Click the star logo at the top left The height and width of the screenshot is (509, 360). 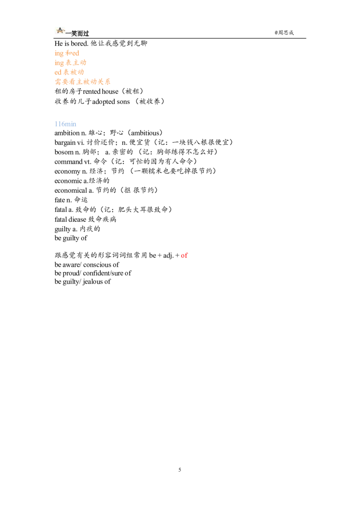click(x=60, y=31)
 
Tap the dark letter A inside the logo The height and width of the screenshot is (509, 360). click(x=60, y=29)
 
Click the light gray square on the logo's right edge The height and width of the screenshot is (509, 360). click(x=67, y=30)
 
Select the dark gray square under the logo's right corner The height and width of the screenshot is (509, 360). click(x=67, y=35)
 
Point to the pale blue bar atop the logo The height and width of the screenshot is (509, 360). click(x=59, y=26)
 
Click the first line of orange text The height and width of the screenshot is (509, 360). click(x=67, y=53)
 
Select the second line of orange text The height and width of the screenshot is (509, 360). click(x=70, y=63)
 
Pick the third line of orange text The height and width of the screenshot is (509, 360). click(x=69, y=72)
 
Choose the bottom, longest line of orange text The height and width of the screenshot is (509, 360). click(x=82, y=81)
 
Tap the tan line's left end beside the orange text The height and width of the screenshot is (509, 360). click(x=88, y=63)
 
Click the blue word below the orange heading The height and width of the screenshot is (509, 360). click(x=66, y=124)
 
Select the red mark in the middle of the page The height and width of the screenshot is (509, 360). click(x=184, y=256)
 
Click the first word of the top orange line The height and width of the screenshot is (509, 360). click(x=59, y=53)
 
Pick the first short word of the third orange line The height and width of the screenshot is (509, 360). click(x=57, y=72)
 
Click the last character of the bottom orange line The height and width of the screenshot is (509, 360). click(x=108, y=81)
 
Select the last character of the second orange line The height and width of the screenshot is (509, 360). click(x=83, y=63)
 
